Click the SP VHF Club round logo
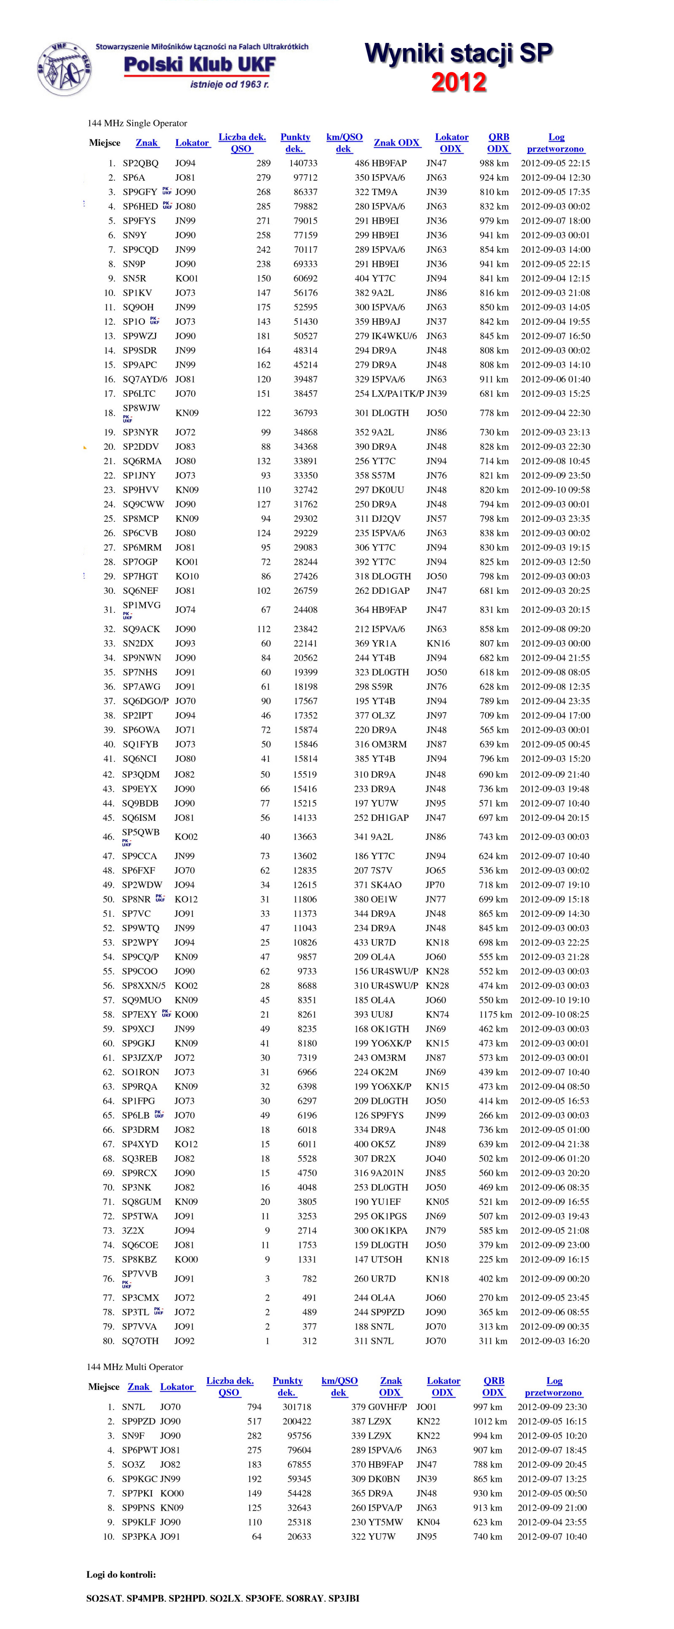point(63,69)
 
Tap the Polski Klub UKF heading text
point(199,64)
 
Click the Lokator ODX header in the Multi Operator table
point(443,1387)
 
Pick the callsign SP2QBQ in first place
point(140,163)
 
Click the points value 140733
point(303,163)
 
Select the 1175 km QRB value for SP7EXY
point(495,1014)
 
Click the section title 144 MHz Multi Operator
point(135,1367)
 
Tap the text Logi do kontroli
point(121,1575)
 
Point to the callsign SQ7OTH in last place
point(140,1341)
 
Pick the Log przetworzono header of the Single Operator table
point(556,143)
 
